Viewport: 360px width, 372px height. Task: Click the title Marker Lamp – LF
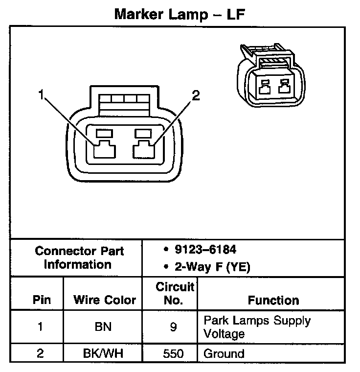(x=180, y=14)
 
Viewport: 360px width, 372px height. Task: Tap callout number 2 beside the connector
(x=196, y=96)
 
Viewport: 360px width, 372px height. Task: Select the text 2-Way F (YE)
(x=206, y=267)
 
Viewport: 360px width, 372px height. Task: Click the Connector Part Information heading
(x=79, y=258)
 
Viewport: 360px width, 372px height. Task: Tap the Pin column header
(x=41, y=300)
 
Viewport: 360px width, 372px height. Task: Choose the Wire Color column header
(x=104, y=300)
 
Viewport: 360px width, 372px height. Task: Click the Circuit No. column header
(x=175, y=293)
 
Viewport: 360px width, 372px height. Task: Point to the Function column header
(x=273, y=300)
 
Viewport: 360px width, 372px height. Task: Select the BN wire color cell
(x=103, y=327)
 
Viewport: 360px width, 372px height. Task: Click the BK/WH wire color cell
(x=103, y=353)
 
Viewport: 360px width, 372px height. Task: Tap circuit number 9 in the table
(x=173, y=327)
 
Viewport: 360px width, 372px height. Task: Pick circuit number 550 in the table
(x=173, y=353)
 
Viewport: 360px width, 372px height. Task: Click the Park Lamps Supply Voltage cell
(x=257, y=327)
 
